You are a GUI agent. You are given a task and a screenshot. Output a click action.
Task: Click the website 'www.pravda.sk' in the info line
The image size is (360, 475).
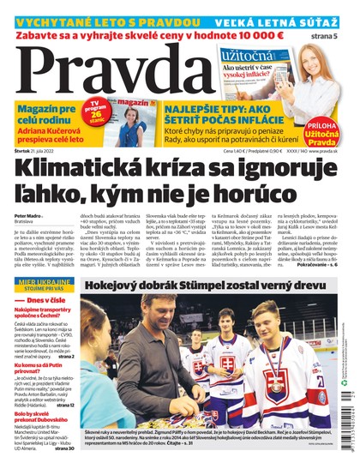[323, 151]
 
